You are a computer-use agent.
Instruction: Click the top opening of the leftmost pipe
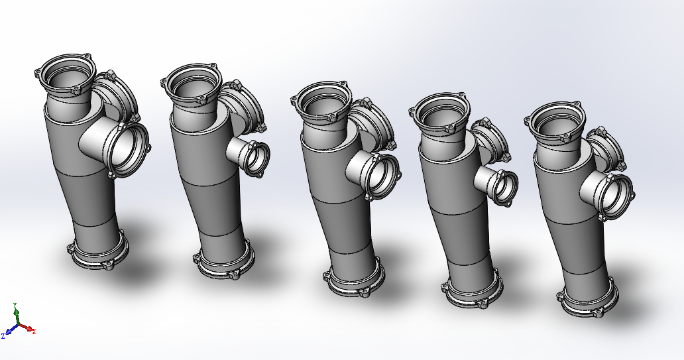pos(66,74)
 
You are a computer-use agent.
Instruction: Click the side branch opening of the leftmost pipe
pos(129,150)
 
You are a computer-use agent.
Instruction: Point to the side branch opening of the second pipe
pos(256,158)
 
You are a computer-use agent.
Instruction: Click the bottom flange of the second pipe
pos(224,263)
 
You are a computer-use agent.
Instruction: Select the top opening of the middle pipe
pos(321,101)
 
